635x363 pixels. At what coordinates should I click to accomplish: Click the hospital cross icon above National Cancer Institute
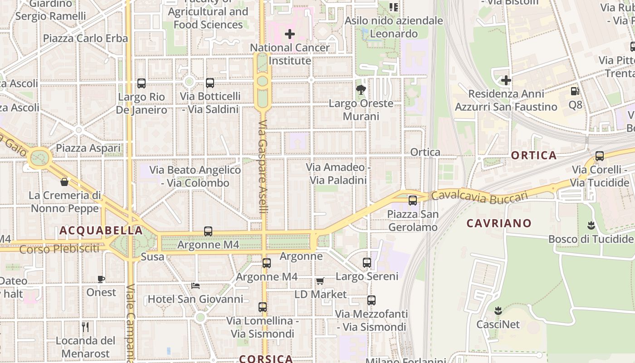[290, 34]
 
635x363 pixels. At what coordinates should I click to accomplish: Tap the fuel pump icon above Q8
[575, 91]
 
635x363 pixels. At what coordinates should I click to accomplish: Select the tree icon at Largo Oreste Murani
[361, 89]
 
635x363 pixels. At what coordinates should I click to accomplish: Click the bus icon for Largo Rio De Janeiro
[142, 83]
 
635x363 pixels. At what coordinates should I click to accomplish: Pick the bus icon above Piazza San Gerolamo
[413, 200]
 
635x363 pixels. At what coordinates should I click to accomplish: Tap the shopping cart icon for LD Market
[320, 281]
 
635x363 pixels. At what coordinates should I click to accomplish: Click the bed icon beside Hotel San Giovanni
[195, 285]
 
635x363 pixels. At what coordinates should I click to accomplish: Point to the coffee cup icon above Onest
[101, 279]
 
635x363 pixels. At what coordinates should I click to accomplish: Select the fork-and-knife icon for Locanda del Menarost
[85, 327]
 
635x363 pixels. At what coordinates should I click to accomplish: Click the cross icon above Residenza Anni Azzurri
[506, 81]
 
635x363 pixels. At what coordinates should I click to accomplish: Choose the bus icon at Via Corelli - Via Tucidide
[600, 156]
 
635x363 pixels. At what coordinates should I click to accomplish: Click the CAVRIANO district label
[499, 223]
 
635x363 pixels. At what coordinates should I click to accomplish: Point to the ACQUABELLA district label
[101, 231]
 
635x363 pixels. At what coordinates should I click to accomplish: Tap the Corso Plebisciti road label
[59, 249]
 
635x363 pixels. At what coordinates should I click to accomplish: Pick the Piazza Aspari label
[88, 148]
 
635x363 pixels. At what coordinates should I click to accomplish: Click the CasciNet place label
[498, 324]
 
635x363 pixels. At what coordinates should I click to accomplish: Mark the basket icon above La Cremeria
[64, 182]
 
